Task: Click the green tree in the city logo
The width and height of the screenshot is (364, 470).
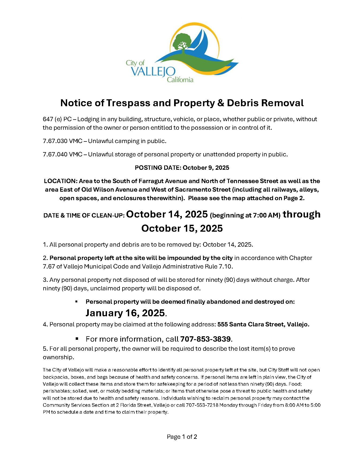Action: click(x=182, y=41)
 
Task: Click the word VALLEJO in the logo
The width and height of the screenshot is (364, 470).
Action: click(x=153, y=72)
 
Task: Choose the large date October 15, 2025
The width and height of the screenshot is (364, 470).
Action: click(x=182, y=228)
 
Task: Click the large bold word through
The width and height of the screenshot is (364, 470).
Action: click(x=301, y=214)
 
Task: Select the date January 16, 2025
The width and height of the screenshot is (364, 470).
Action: click(x=125, y=313)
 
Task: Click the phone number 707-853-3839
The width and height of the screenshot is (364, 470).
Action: click(x=205, y=339)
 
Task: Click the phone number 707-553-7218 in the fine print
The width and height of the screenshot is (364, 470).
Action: click(x=202, y=405)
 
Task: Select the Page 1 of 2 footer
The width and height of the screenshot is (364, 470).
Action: click(x=182, y=437)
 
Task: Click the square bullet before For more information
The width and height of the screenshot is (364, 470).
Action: click(x=77, y=339)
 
